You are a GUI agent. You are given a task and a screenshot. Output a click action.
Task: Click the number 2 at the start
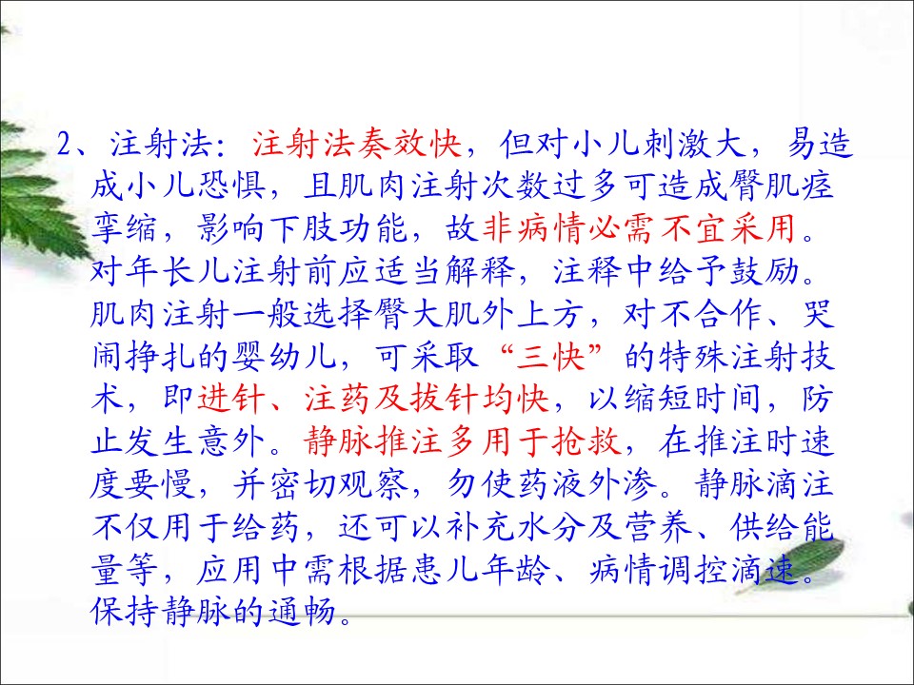tap(64, 145)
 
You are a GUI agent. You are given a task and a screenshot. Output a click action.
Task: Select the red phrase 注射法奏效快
tap(357, 144)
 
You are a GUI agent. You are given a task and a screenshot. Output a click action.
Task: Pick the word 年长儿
tap(160, 270)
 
